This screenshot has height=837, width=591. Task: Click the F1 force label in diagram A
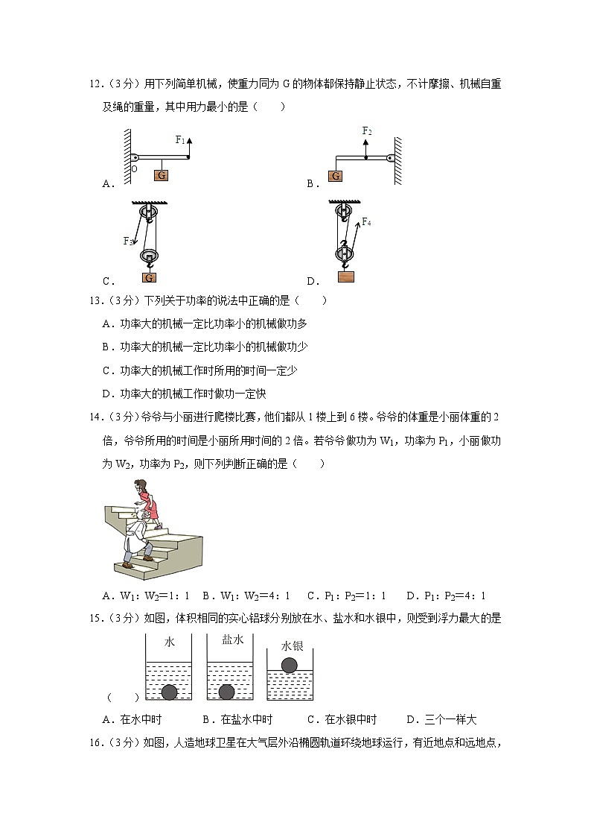click(x=180, y=139)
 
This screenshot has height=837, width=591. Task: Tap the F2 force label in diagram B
click(x=367, y=131)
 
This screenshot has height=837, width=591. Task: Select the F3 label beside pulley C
click(x=128, y=241)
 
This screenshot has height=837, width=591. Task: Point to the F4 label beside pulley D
click(x=366, y=221)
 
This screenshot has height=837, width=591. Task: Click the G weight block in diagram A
click(x=161, y=176)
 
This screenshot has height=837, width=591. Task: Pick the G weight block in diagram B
click(x=335, y=176)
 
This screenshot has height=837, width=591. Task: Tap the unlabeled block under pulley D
click(x=345, y=277)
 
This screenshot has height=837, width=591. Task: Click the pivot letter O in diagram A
click(x=134, y=168)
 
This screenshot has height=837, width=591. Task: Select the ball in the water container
click(x=170, y=692)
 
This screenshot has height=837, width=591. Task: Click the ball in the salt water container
click(x=227, y=692)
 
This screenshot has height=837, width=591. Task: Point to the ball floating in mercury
click(x=290, y=664)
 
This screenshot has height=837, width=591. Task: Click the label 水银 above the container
click(x=292, y=646)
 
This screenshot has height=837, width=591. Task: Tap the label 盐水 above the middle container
click(x=232, y=640)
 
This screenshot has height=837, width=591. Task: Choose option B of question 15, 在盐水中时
click(x=237, y=719)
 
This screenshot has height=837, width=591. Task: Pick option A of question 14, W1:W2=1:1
click(x=147, y=596)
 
